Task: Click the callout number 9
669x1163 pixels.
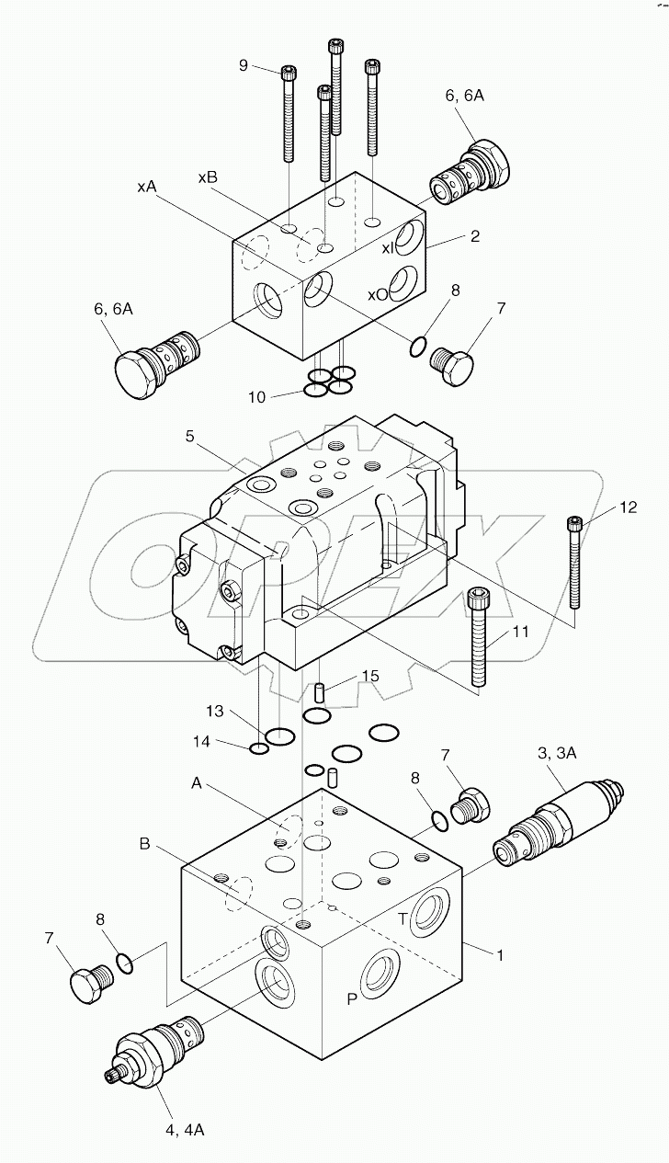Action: [x=244, y=64]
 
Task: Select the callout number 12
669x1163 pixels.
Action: [x=628, y=507]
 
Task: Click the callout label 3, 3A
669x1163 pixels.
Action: [x=557, y=752]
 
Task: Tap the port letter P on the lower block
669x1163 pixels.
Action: [x=352, y=998]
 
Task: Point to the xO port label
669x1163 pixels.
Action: [x=379, y=295]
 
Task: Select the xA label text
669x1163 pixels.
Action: [x=146, y=187]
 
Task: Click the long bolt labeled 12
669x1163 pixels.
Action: [x=575, y=565]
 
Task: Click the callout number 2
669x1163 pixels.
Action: [x=474, y=236]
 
